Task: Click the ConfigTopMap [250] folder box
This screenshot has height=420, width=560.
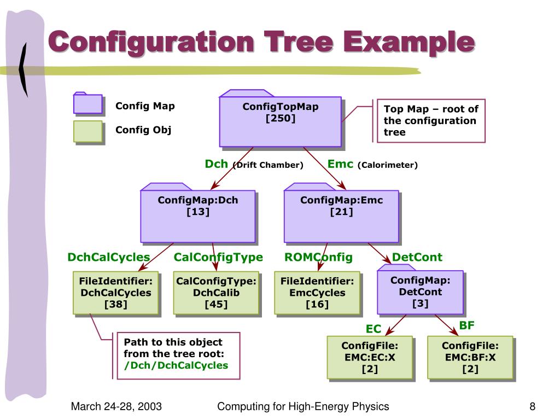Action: (280, 121)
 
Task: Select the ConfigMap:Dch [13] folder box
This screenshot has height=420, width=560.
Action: (198, 215)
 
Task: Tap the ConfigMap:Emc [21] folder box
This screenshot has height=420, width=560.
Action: (341, 215)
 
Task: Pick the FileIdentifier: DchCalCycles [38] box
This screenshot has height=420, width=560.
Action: (115, 293)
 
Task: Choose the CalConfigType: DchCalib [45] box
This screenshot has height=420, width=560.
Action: (216, 293)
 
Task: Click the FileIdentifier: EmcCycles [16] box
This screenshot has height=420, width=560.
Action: (317, 293)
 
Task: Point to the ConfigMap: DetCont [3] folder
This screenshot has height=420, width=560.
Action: (420, 292)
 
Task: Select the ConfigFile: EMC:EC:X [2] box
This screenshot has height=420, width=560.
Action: (369, 357)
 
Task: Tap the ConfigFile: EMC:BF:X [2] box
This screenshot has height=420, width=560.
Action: (470, 357)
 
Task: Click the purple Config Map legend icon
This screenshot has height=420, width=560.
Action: (88, 103)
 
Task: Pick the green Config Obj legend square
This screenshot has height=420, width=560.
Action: (88, 131)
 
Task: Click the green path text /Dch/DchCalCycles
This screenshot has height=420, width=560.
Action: (176, 365)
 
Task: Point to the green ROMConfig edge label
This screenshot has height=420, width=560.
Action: (318, 257)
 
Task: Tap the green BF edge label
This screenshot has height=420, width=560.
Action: (466, 325)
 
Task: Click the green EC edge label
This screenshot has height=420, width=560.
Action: (374, 329)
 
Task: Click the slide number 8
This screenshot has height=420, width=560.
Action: (532, 406)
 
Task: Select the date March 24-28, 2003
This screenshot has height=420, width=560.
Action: (116, 406)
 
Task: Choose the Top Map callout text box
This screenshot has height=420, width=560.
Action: (431, 120)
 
